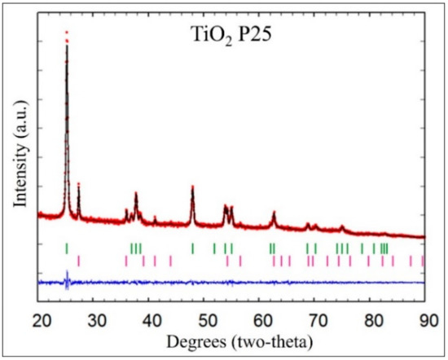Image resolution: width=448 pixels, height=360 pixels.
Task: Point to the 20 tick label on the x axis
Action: [x=39, y=318]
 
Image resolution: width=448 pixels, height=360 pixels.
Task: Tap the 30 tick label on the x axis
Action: [x=94, y=318]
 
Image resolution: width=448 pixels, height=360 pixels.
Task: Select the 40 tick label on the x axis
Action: [x=151, y=318]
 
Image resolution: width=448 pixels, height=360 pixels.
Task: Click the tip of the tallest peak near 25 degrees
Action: [x=67, y=33]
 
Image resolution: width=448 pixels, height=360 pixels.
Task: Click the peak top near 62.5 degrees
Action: [x=274, y=213]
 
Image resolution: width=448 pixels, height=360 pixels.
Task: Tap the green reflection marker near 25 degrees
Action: [x=67, y=248]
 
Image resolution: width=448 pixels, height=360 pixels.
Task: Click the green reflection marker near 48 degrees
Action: [x=192, y=248]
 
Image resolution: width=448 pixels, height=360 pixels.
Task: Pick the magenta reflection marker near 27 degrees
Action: [x=78, y=261]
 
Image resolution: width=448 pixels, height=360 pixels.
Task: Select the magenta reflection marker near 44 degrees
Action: [x=170, y=261]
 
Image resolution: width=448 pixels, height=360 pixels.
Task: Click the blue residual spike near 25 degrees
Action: [x=67, y=281]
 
